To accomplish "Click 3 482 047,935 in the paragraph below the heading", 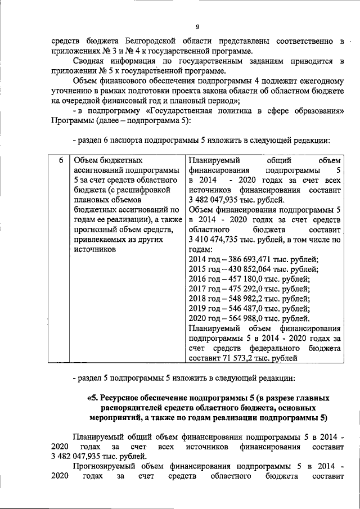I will click(x=78, y=456).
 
